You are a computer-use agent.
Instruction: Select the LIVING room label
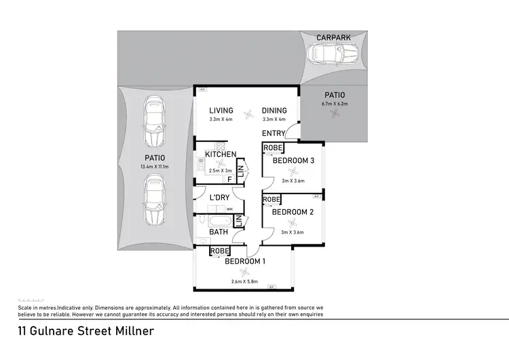(221, 111)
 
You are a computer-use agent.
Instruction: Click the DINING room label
(275, 111)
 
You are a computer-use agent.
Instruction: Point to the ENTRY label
(274, 133)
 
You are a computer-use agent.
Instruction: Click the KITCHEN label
(221, 155)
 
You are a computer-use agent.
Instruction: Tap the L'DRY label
(219, 198)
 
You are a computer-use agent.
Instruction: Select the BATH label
(219, 232)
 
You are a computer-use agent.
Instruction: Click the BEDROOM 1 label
(245, 262)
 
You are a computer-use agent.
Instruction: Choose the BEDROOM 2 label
(293, 212)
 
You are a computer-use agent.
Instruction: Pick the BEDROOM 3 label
(293, 161)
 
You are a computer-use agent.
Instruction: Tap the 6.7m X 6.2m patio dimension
(334, 104)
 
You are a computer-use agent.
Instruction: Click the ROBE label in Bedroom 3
(273, 148)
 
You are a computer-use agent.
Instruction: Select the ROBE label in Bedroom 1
(219, 251)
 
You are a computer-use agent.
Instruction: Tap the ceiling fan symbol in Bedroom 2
(293, 222)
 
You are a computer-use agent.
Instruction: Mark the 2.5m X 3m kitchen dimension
(220, 171)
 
